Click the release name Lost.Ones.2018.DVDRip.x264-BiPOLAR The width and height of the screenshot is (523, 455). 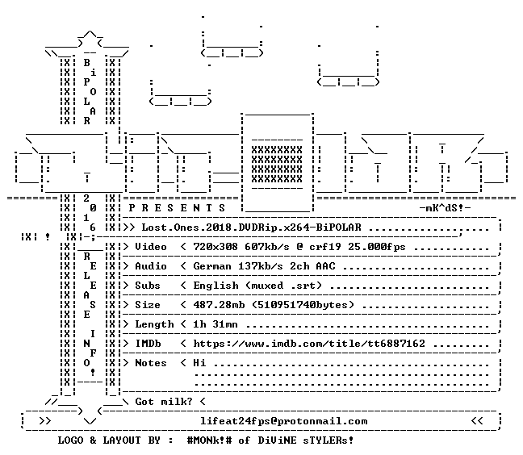click(252, 227)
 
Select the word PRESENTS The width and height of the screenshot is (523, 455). click(177, 208)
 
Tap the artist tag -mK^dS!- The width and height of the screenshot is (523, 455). click(445, 208)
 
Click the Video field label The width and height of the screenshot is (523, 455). click(151, 247)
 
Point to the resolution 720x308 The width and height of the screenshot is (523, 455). click(215, 247)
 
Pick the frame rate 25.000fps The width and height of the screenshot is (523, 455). click(377, 247)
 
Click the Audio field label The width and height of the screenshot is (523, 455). click(151, 266)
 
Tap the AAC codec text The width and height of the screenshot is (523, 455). click(325, 266)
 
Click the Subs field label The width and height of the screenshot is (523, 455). click(148, 286)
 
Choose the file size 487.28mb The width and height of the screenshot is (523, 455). click(219, 305)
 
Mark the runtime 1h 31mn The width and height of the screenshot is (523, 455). click(215, 324)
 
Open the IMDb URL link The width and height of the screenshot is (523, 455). click(309, 344)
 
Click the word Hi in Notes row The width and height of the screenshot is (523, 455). click(199, 363)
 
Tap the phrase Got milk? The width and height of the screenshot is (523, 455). click(164, 401)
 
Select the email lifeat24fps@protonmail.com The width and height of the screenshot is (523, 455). click(284, 421)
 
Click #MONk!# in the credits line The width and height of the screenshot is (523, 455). click(210, 440)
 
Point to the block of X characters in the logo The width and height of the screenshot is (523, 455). click(277, 165)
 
